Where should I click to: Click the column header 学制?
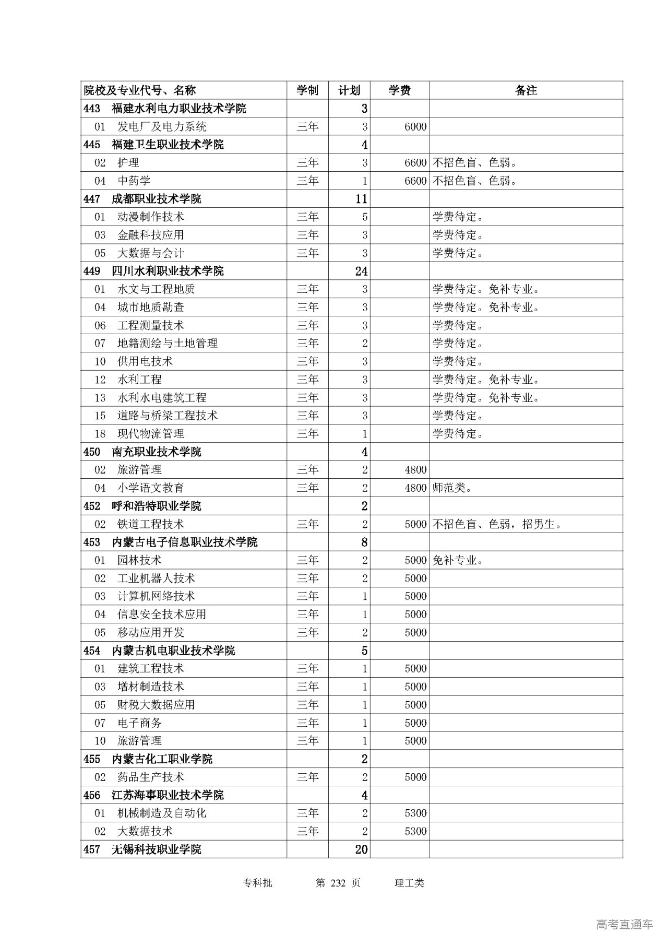pos(307,90)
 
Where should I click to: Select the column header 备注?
pos(526,90)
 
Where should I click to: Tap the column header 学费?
pos(399,90)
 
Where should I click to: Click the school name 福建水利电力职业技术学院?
pos(178,109)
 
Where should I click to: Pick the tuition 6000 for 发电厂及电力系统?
pos(415,127)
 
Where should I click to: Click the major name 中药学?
pos(134,181)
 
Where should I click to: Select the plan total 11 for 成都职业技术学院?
pos(361,199)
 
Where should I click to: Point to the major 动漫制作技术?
pos(150,217)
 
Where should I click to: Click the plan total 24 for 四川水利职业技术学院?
pos(361,271)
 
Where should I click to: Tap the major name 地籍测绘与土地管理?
pos(167,344)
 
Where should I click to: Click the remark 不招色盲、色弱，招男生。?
pos(497,524)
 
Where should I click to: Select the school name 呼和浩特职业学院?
pos(156,506)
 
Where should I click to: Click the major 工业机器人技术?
pos(156,578)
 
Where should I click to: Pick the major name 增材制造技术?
pos(150,687)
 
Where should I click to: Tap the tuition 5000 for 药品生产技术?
pos(415,777)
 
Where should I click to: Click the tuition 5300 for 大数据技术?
pos(415,831)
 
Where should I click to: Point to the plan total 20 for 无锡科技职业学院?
pos(361,849)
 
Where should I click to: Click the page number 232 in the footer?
pos(339,883)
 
